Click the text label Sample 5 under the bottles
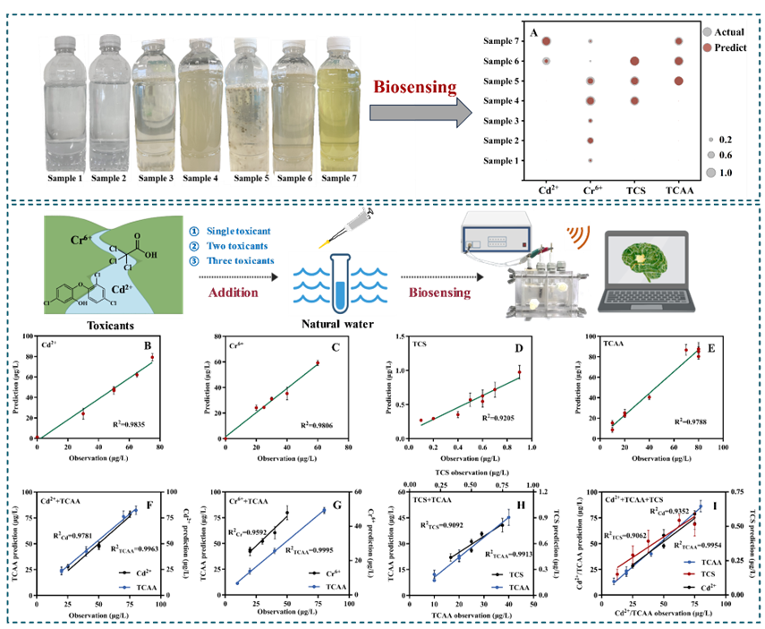pos(251,178)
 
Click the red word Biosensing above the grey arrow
pos(414,87)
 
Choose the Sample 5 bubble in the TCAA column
pos(678,81)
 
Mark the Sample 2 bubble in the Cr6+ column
pos(591,140)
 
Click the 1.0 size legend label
pos(726,172)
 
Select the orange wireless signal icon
pos(576,235)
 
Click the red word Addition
pos(234,293)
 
